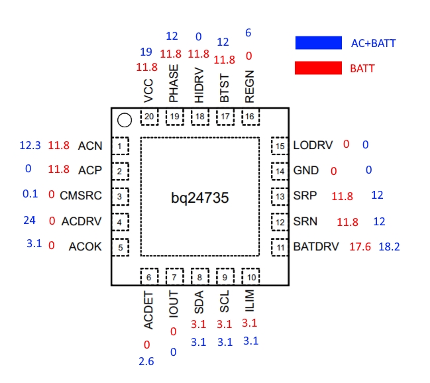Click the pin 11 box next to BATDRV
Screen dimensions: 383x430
280,247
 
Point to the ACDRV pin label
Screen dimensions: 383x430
82,221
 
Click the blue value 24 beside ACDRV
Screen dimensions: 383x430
28,221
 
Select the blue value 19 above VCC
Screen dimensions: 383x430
146,51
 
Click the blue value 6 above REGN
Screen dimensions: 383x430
248,32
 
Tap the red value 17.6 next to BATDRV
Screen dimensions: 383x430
360,247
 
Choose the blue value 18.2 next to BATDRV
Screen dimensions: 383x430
389,247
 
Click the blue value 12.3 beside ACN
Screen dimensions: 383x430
30,145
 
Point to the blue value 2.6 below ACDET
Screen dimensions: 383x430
146,361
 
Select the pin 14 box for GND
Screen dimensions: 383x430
280,171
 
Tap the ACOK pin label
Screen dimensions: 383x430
85,246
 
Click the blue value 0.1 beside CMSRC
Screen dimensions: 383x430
30,195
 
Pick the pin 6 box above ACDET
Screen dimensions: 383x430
149,276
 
